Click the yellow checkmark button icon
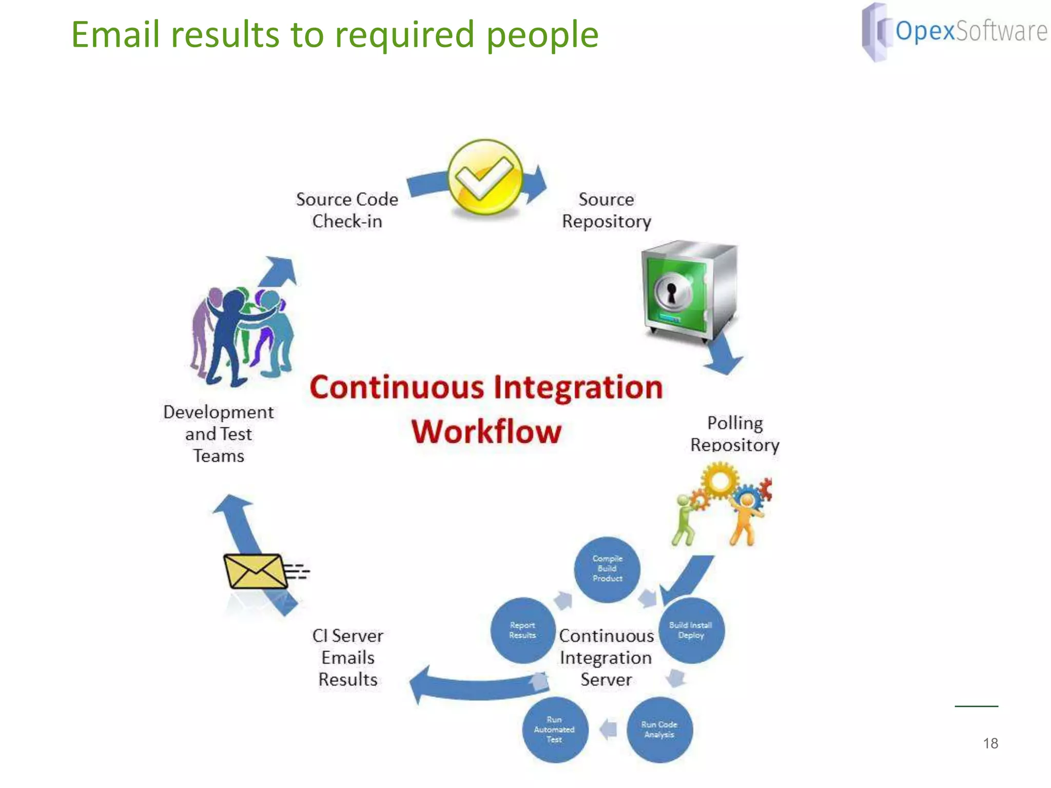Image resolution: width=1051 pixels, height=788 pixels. coord(485,177)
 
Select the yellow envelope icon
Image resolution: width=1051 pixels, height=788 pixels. coord(255,571)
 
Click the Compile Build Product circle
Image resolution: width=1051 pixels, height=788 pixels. coord(607,569)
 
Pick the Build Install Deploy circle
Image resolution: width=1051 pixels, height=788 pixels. coord(691,631)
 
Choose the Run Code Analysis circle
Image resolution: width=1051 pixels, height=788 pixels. coord(659,730)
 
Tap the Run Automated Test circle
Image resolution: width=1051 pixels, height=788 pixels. coord(554,730)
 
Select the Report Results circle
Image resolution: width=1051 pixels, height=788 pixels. coord(522,631)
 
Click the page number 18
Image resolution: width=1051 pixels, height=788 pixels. coord(990,743)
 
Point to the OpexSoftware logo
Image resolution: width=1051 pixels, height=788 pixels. coord(955,32)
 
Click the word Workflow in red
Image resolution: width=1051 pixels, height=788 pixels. coord(486,431)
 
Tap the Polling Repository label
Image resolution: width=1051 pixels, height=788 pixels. coord(735,434)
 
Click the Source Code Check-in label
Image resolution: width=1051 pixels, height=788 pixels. coord(347,210)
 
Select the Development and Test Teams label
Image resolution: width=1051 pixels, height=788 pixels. coord(219,434)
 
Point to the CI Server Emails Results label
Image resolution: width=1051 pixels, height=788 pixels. coord(348,658)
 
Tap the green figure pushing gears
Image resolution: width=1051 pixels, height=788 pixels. coord(685,519)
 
